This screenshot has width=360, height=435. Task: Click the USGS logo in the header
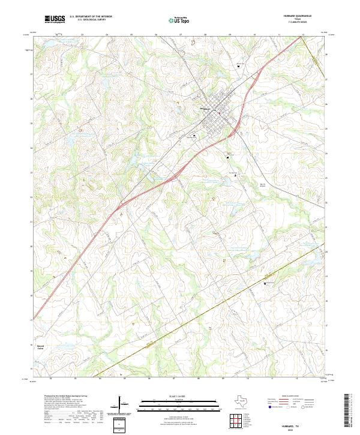click(55, 20)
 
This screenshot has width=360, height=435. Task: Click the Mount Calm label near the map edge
click(41, 346)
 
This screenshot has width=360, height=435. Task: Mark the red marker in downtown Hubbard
click(220, 113)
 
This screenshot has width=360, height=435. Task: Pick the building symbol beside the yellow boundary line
click(265, 283)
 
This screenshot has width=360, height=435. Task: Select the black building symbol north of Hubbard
click(240, 66)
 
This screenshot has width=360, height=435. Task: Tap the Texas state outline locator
click(236, 401)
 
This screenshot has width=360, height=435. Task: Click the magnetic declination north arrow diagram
click(123, 405)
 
